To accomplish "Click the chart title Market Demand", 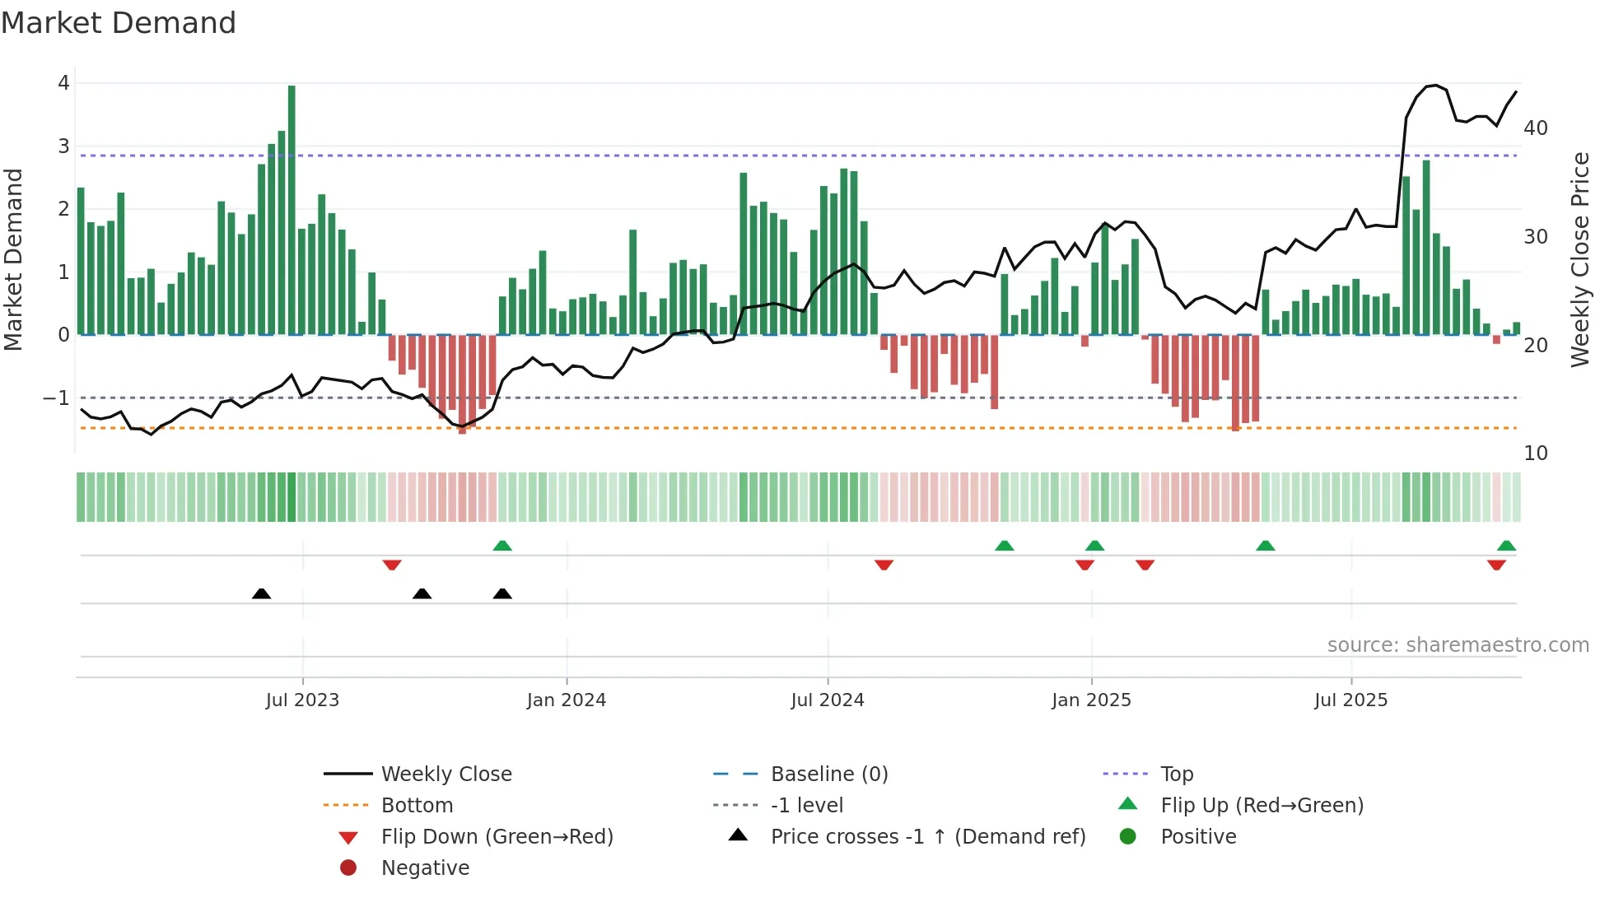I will click(x=119, y=23).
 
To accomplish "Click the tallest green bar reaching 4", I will click(x=292, y=210).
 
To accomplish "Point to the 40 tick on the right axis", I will click(x=1535, y=128).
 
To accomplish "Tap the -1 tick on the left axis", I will click(x=56, y=398).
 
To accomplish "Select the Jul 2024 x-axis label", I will click(x=828, y=700).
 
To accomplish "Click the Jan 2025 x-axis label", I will click(x=1091, y=700).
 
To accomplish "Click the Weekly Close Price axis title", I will click(x=1579, y=259).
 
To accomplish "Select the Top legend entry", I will click(x=1177, y=774).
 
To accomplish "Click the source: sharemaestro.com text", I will click(x=1458, y=645).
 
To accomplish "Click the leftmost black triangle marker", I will click(x=261, y=593).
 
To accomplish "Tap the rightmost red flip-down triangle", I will click(x=1496, y=565).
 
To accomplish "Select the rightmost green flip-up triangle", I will click(x=1506, y=546).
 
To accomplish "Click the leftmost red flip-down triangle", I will click(x=392, y=565).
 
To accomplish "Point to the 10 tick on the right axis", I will click(x=1535, y=453).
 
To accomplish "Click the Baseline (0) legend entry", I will click(x=828, y=774).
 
